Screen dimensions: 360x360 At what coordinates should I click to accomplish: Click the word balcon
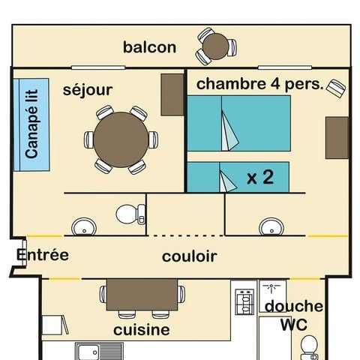(x=149, y=47)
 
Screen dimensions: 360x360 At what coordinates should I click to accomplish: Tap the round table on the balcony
(x=215, y=46)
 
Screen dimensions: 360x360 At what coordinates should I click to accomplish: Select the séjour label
(x=88, y=90)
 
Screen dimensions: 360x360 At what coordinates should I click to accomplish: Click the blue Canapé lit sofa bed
(x=31, y=124)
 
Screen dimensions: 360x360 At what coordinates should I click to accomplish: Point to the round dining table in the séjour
(x=121, y=139)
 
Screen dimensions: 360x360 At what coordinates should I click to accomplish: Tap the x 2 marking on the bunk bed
(x=260, y=177)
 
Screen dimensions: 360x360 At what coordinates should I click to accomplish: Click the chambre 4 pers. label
(x=260, y=84)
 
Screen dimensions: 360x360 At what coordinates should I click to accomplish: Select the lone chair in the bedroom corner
(x=336, y=88)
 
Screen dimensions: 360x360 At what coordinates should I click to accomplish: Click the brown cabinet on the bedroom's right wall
(x=337, y=138)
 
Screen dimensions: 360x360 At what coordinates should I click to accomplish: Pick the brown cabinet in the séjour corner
(x=172, y=94)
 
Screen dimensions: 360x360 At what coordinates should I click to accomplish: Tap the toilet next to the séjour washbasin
(x=130, y=214)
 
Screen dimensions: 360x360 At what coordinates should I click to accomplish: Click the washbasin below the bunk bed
(x=271, y=227)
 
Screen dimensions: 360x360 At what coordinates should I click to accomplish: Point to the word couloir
(x=190, y=256)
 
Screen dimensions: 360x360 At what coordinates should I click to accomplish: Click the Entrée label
(x=43, y=255)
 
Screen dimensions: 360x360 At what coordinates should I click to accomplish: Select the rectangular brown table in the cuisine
(x=142, y=295)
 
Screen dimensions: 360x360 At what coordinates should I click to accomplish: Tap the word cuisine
(x=142, y=330)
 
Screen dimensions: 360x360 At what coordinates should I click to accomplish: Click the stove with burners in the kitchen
(x=244, y=301)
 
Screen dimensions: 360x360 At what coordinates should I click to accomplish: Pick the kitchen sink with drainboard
(x=99, y=351)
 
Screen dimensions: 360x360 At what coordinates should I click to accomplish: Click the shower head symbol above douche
(x=271, y=288)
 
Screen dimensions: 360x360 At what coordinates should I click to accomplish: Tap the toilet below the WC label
(x=309, y=348)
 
